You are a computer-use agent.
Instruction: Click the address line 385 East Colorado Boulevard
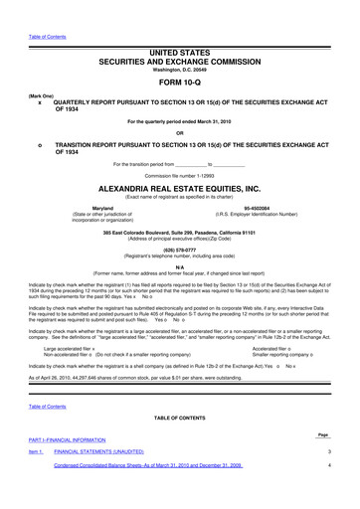click(x=179, y=232)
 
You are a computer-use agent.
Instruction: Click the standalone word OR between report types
click(x=179, y=132)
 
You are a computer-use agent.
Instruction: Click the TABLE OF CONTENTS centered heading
click(x=179, y=419)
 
